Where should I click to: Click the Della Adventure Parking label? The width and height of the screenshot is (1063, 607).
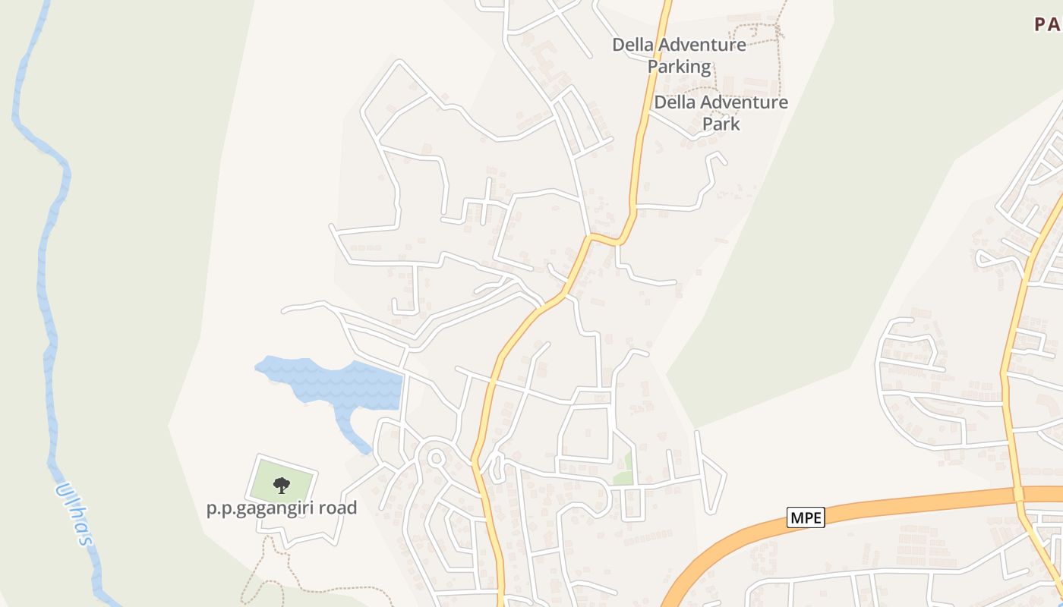click(x=679, y=55)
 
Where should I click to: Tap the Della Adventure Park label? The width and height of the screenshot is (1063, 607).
click(x=721, y=112)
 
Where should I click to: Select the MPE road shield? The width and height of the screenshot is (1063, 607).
click(x=805, y=518)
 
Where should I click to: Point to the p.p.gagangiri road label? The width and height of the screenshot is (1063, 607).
click(x=282, y=508)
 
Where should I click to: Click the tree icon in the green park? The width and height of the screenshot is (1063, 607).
click(x=282, y=484)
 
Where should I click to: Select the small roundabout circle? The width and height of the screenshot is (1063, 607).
click(x=436, y=458)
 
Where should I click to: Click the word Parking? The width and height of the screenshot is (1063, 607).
click(x=679, y=67)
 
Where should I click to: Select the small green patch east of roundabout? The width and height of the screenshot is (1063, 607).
click(x=623, y=470)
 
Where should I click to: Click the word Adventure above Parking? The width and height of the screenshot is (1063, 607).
click(x=702, y=45)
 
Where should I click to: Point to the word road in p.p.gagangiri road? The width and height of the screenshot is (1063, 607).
click(x=338, y=508)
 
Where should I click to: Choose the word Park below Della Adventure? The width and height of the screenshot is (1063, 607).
click(x=721, y=123)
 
